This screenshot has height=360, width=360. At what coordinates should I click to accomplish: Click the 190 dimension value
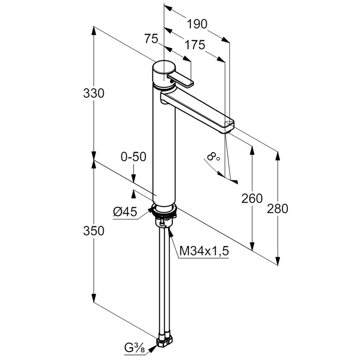[x=197, y=24]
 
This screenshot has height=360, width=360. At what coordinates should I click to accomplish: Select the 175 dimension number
[x=195, y=45]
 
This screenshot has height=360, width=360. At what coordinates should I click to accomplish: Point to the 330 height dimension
[x=94, y=94]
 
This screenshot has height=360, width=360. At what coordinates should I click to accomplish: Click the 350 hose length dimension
[x=94, y=231]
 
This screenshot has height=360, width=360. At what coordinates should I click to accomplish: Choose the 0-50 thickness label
[x=134, y=157]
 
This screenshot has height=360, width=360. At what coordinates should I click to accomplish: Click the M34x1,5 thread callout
[x=204, y=251]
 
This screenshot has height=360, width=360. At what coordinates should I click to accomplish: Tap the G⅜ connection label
[x=135, y=348]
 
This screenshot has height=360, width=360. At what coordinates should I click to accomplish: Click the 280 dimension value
[x=278, y=208]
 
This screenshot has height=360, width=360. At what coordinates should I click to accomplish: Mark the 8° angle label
[x=213, y=157]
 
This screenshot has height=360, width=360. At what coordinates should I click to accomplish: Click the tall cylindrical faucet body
[x=164, y=151]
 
